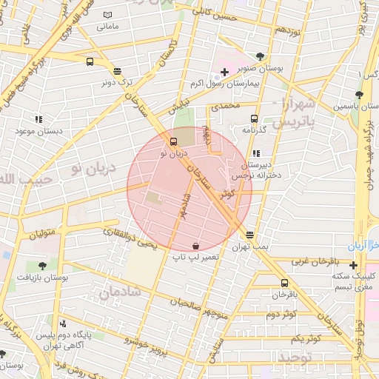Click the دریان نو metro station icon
point(174,141)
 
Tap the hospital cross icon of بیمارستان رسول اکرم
point(224,73)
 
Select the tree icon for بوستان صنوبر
point(259,56)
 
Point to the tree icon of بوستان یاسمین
point(359,95)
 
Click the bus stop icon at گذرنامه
point(255,118)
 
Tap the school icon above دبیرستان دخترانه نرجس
point(256,153)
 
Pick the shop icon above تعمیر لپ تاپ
point(195,245)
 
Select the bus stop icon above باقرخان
point(285,283)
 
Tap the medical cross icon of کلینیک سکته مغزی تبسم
point(354,265)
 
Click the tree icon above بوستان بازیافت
point(41,265)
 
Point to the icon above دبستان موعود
point(38,119)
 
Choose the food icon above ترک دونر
point(117,71)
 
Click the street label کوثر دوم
point(280,314)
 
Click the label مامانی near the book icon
point(107,27)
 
